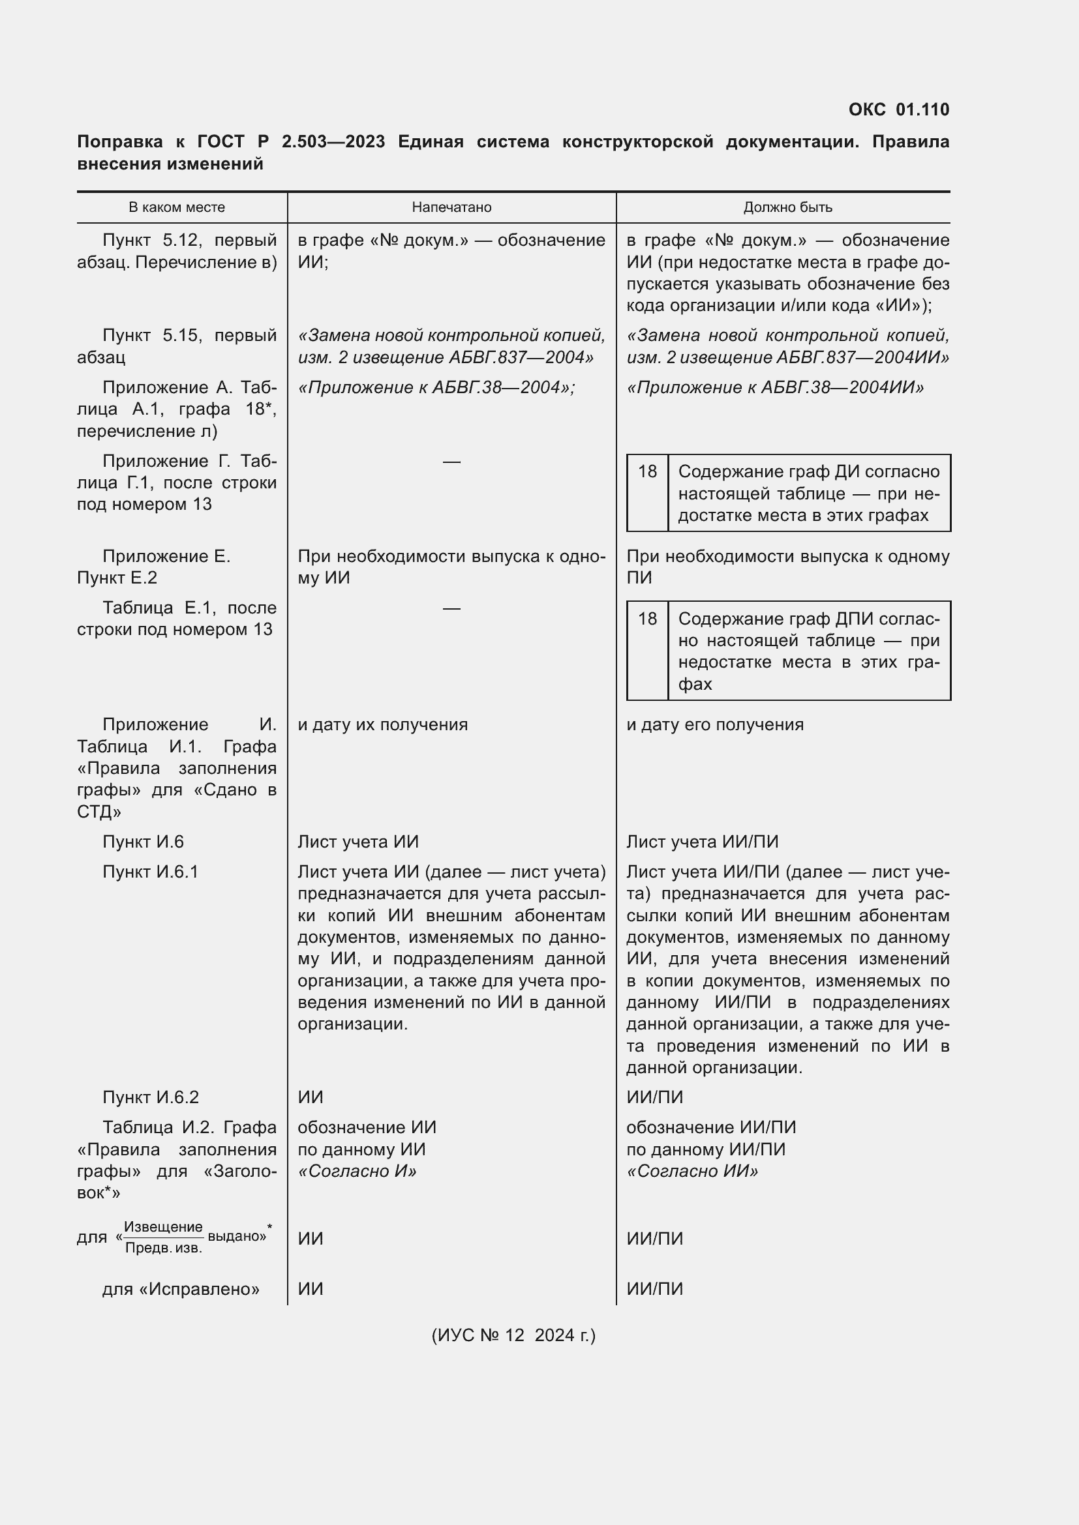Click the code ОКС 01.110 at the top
898,110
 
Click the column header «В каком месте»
177,207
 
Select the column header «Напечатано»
451,207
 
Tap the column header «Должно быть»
787,207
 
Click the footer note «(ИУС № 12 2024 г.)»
513,1335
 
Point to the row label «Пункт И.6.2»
150,1097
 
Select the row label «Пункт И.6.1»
150,872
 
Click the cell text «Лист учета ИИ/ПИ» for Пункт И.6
703,842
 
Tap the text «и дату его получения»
715,724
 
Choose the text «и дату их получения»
383,724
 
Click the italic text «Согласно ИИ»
692,1170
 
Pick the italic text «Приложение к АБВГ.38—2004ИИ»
776,387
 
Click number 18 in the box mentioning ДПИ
647,619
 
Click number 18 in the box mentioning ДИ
647,471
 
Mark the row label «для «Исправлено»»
181,1289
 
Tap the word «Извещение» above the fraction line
163,1227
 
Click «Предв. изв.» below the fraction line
164,1248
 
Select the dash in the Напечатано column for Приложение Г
451,462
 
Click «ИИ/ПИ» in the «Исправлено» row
654,1289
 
